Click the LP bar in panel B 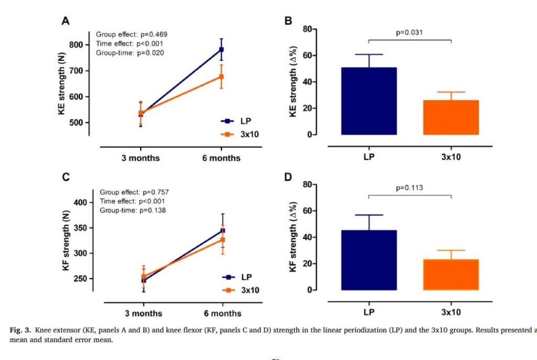tap(369, 101)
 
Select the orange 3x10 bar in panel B tap(450, 117)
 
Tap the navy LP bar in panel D tap(369, 260)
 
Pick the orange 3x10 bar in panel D tap(450, 275)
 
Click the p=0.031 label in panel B tap(410, 32)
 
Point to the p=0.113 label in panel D tap(410, 188)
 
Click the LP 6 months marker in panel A tap(221, 50)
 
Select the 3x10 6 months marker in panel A tap(221, 77)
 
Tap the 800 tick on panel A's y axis tap(76, 45)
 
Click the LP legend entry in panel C tap(241, 277)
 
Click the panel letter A tap(66, 21)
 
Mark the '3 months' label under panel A tap(141, 158)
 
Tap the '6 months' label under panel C tap(222, 313)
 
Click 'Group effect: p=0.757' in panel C tap(134, 192)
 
